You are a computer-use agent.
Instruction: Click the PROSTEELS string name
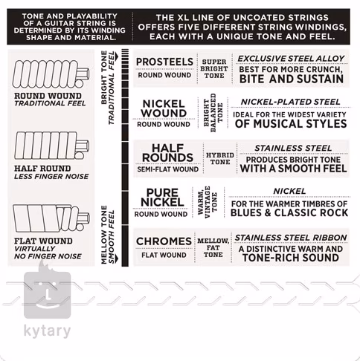point(164,62)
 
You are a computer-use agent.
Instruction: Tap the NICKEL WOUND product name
point(164,108)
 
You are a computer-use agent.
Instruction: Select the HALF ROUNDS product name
point(167,153)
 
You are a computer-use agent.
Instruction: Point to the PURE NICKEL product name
point(162,198)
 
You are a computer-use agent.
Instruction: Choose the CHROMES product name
point(164,241)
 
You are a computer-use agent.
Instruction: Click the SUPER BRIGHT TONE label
point(214,68)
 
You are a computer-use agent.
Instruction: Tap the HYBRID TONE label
point(220,158)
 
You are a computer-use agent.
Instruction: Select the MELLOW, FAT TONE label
point(213,247)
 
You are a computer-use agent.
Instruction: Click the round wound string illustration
point(51,74)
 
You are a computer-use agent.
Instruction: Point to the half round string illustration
point(51,146)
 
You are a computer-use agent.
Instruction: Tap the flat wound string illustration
point(51,218)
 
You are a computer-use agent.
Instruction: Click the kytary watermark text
point(47,331)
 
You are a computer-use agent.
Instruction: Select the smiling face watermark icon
point(47,292)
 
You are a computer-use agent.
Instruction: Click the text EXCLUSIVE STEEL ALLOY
point(291,59)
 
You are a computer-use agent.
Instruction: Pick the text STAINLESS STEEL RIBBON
point(291,238)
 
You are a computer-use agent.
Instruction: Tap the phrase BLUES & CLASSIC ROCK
point(289,212)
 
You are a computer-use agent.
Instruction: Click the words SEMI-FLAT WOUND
point(168,169)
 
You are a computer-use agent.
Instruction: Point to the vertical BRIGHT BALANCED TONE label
point(213,113)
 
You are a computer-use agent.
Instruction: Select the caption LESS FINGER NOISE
point(51,177)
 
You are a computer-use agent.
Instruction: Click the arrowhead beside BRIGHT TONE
point(117,56)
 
